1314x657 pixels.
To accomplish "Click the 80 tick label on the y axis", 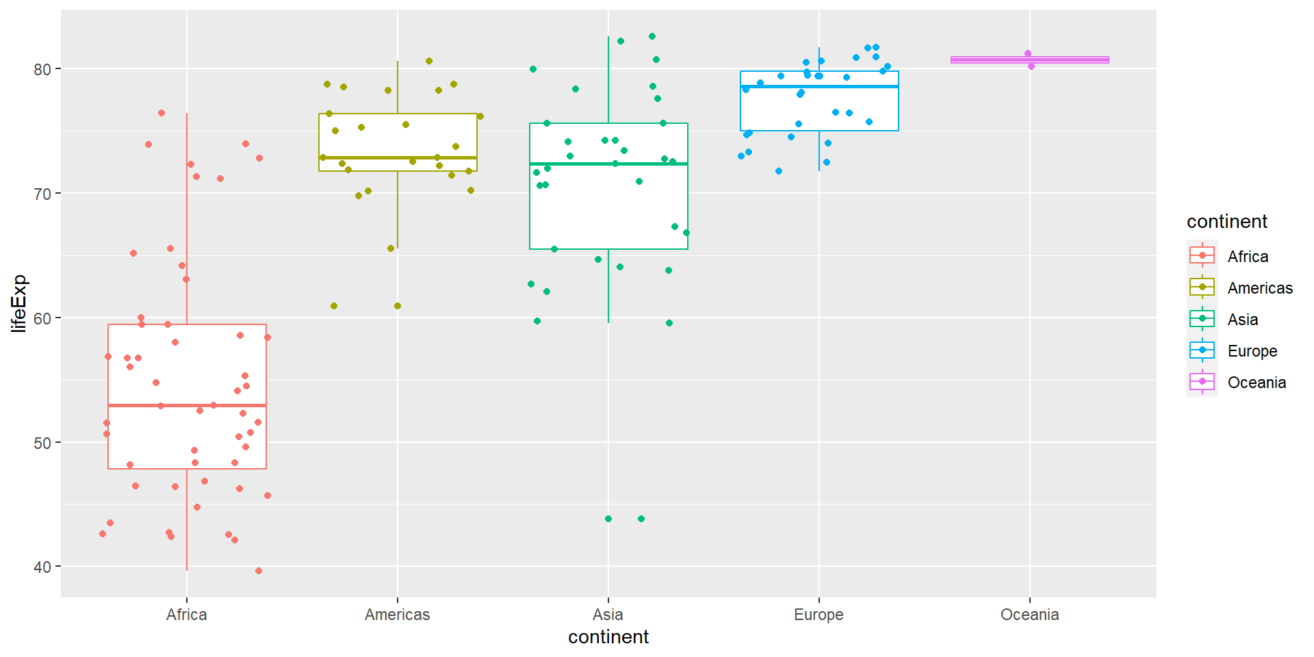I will click(42, 69).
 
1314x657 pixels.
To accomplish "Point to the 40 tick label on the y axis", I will click(42, 567).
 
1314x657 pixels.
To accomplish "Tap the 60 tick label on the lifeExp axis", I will click(42, 318).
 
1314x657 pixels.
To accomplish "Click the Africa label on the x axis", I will click(186, 615).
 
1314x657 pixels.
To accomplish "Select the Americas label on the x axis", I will click(397, 615).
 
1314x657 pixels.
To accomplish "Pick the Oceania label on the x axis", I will click(1029, 615).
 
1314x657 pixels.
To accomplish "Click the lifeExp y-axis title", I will click(19, 303).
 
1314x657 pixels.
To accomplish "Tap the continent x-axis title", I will click(608, 637).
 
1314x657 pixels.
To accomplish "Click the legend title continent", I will click(1226, 222).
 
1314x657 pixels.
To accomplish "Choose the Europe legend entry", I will click(1252, 351).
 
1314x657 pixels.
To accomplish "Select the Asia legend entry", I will click(1242, 320).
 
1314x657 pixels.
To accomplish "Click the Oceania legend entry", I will click(1256, 383).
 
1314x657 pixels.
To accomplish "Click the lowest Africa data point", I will click(259, 571).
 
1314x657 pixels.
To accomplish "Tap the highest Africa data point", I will click(162, 113).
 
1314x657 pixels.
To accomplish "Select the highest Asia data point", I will click(652, 36).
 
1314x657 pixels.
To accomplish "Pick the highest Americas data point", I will click(429, 61).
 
